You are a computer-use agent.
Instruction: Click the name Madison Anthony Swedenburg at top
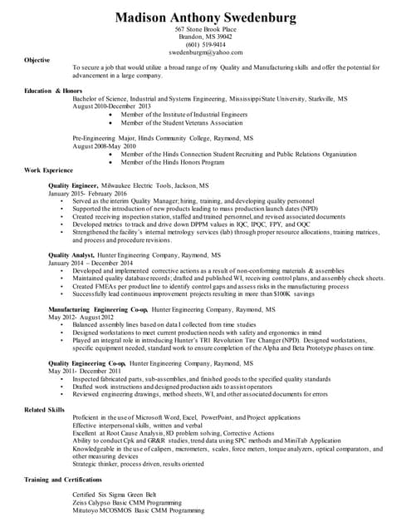204,17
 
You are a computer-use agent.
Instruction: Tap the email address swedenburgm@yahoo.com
204,52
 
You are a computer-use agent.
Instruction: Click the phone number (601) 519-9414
204,44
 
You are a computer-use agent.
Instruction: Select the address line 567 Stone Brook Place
204,30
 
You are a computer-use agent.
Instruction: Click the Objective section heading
37,60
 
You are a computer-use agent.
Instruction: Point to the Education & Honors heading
52,90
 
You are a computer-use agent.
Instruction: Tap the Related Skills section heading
45,410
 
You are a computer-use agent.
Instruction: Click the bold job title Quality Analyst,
71,255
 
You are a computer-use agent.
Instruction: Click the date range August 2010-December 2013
111,106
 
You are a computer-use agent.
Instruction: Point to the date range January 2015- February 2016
93,193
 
